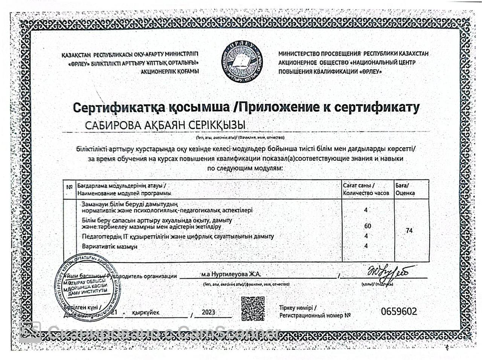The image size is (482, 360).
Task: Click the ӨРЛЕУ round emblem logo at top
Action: [x=241, y=61]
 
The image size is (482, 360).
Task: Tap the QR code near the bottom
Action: [x=253, y=308]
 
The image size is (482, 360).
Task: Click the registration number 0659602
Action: [x=399, y=312]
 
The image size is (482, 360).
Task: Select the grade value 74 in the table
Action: [x=409, y=230]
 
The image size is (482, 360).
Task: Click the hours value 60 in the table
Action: [x=368, y=226]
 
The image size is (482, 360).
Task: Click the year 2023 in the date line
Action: [x=208, y=312]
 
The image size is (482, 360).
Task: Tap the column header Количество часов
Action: [x=366, y=193]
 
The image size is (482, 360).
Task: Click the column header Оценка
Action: [x=405, y=193]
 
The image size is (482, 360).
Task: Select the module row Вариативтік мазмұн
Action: [x=110, y=246]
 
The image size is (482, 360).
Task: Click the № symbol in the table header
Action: [x=69, y=187]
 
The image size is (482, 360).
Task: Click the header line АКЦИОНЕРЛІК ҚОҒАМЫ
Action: [x=169, y=71]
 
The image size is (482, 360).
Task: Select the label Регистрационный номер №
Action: [x=315, y=316]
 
